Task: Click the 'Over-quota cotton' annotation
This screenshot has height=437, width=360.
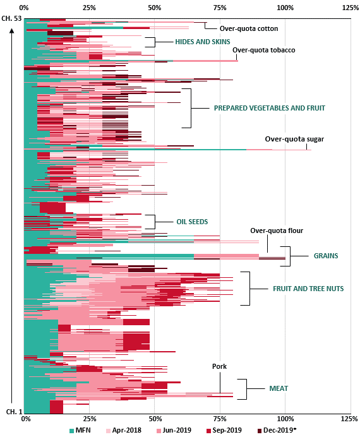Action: coord(249,28)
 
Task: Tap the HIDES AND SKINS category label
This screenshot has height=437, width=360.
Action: coord(203,42)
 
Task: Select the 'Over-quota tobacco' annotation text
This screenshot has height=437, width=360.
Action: coord(263,50)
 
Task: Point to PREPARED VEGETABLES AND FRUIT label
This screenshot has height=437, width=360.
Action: coord(270,108)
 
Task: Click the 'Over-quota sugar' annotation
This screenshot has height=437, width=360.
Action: coord(294,139)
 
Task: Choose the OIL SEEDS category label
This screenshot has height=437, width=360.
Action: coord(192,222)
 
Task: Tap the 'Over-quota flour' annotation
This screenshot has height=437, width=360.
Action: coord(277,230)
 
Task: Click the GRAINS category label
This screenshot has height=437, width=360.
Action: coord(326,256)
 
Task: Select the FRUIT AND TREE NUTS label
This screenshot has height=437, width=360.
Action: coord(308,289)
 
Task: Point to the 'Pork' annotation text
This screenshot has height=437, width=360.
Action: coord(219,366)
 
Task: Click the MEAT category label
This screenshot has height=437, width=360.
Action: coord(279,388)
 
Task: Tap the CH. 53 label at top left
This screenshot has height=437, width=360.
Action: coord(11,19)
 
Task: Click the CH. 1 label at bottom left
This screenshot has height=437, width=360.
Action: coord(14,412)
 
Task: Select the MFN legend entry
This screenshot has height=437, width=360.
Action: coord(80,430)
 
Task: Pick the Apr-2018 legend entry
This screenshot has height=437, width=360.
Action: coord(124,430)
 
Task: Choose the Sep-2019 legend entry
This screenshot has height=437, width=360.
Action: coord(224,430)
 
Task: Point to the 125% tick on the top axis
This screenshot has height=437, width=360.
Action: coord(351,8)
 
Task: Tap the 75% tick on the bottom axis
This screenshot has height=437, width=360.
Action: coord(220,419)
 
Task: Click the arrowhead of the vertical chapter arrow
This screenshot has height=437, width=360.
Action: coord(12,30)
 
